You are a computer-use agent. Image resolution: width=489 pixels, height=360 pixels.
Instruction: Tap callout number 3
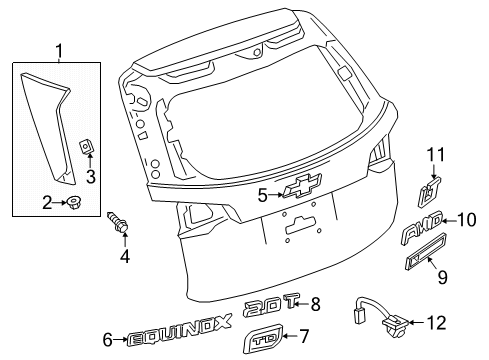pyautogui.click(x=90, y=178)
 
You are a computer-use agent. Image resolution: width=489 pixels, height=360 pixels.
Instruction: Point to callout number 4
pyautogui.click(x=124, y=258)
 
